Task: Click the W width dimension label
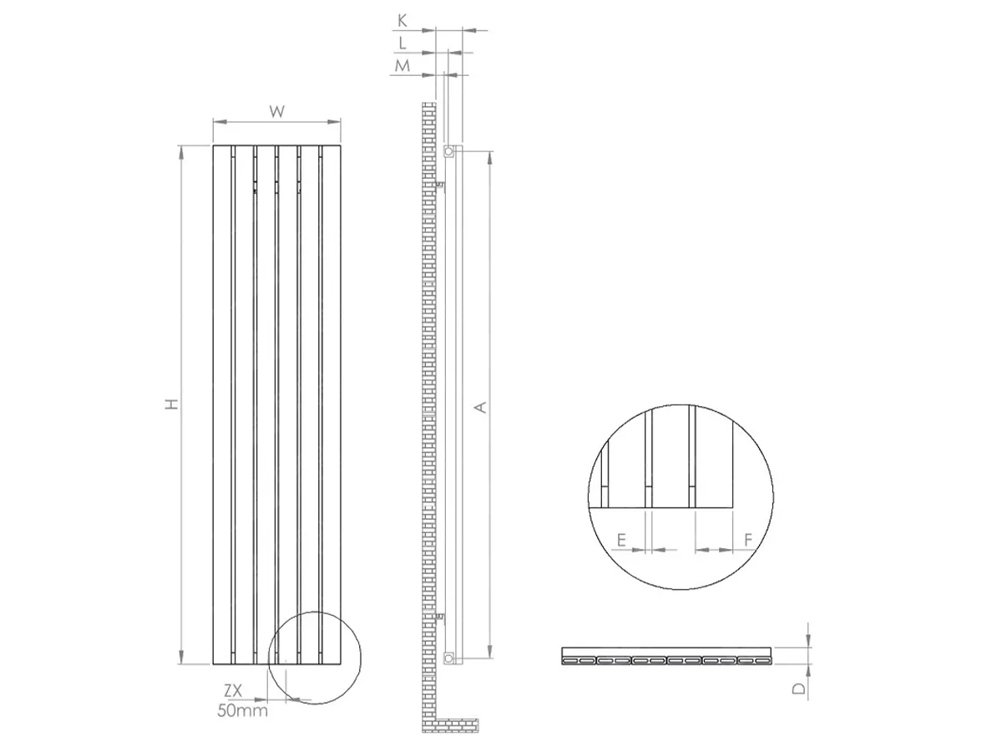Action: [x=276, y=111]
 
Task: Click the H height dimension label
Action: [x=172, y=404]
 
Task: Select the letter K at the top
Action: [x=402, y=21]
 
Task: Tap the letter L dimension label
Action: [x=402, y=43]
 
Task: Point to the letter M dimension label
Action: [x=402, y=66]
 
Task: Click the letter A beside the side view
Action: [x=481, y=407]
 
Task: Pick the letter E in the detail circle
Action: [x=621, y=541]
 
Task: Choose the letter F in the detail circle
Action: [x=747, y=540]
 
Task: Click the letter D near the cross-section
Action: [x=799, y=688]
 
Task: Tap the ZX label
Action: [x=233, y=691]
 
